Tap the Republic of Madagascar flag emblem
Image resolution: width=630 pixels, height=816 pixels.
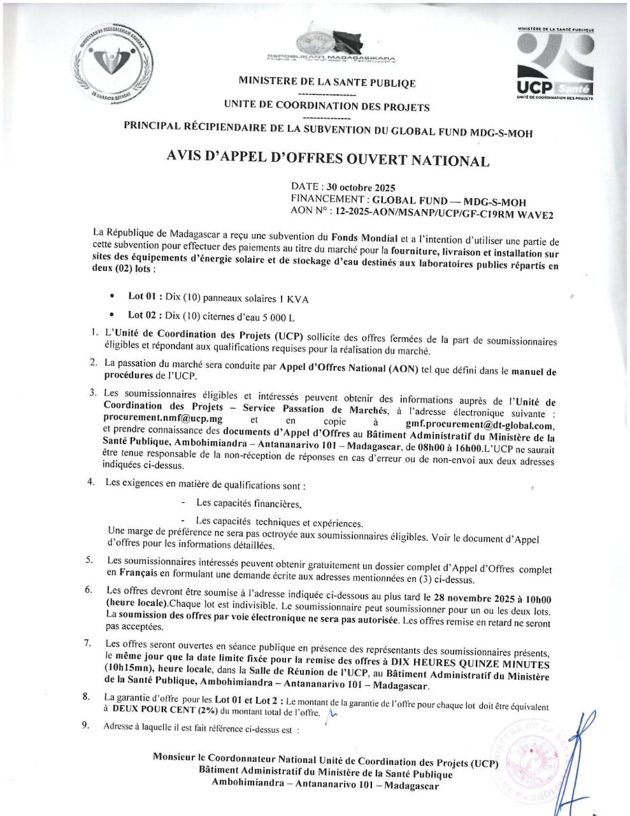pyautogui.click(x=331, y=43)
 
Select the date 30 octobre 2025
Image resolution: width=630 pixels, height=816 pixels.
pyautogui.click(x=361, y=187)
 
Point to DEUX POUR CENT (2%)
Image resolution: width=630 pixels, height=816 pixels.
pyautogui.click(x=162, y=708)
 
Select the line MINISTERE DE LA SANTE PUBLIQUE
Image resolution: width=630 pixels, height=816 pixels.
pyautogui.click(x=327, y=82)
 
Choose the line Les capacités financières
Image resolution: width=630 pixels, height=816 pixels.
pyautogui.click(x=248, y=504)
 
